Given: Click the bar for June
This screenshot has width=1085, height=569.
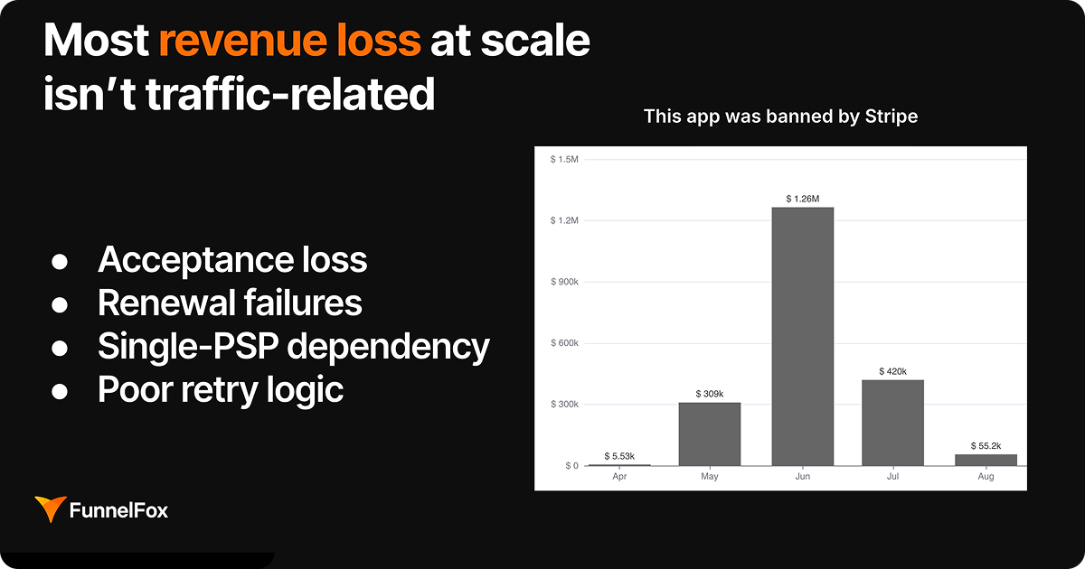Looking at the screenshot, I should (802, 336).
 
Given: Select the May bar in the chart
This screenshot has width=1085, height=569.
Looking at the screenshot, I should (710, 434).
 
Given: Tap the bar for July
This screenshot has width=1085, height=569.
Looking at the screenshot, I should (893, 422).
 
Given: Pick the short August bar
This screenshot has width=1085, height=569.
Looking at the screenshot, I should (986, 460).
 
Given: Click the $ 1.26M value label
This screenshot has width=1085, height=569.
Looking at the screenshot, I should (802, 198).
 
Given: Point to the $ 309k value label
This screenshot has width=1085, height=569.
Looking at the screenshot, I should (710, 393).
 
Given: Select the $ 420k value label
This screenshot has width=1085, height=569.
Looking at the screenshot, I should (893, 370).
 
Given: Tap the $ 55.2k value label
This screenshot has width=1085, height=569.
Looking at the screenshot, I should (986, 445).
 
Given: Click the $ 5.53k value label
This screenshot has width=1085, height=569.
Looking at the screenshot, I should (618, 456).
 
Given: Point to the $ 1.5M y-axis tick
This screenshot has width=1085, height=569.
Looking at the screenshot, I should (564, 160).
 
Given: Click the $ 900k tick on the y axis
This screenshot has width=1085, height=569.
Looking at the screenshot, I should (564, 282).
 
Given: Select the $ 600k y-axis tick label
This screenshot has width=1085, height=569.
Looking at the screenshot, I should (564, 343).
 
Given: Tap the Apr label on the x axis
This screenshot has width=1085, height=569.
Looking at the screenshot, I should (618, 476).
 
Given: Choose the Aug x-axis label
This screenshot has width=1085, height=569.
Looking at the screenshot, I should (986, 476).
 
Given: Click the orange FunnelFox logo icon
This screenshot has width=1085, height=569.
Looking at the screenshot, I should (49, 509).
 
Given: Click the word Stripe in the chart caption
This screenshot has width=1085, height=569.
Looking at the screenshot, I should (890, 117).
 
